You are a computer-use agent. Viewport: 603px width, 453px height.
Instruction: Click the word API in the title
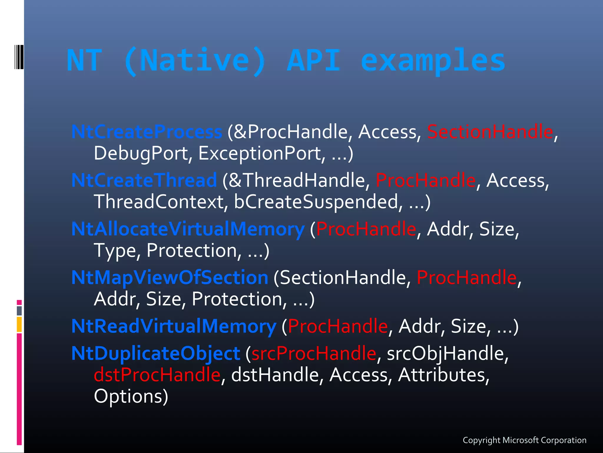point(313,60)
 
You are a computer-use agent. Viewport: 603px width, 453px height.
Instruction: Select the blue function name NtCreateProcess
point(147,132)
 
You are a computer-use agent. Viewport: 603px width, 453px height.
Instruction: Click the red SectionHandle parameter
point(490,132)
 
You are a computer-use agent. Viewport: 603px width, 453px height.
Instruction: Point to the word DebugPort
point(141,154)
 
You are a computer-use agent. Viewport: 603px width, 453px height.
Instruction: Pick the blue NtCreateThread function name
point(144,180)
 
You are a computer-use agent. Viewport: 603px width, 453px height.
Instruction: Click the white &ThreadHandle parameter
point(296,180)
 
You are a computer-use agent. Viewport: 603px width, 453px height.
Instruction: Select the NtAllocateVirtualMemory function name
point(188,229)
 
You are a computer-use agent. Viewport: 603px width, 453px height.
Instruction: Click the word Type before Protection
point(115,251)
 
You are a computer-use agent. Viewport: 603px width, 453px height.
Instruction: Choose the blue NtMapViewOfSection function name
point(170,278)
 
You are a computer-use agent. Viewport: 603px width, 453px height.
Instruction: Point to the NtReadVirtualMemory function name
point(174,326)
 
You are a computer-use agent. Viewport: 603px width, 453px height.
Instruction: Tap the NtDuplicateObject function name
point(156,353)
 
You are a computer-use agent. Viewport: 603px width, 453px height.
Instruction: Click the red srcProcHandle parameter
point(314,353)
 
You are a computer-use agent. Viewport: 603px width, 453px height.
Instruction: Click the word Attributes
point(443,375)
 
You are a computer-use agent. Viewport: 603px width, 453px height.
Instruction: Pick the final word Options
point(131,396)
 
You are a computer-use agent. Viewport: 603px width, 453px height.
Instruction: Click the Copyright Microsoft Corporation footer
point(524,440)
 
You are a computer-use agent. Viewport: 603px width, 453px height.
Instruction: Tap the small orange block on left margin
point(19,324)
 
